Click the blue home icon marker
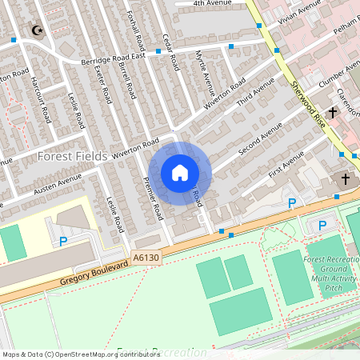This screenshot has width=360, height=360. coord(180,173)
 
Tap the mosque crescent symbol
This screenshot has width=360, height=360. coord(35,30)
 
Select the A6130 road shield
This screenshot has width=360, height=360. coord(146,258)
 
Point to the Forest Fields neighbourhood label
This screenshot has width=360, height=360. coord(73,156)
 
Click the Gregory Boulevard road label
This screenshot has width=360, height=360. coord(94,272)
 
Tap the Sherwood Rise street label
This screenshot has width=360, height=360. coord(309,100)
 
